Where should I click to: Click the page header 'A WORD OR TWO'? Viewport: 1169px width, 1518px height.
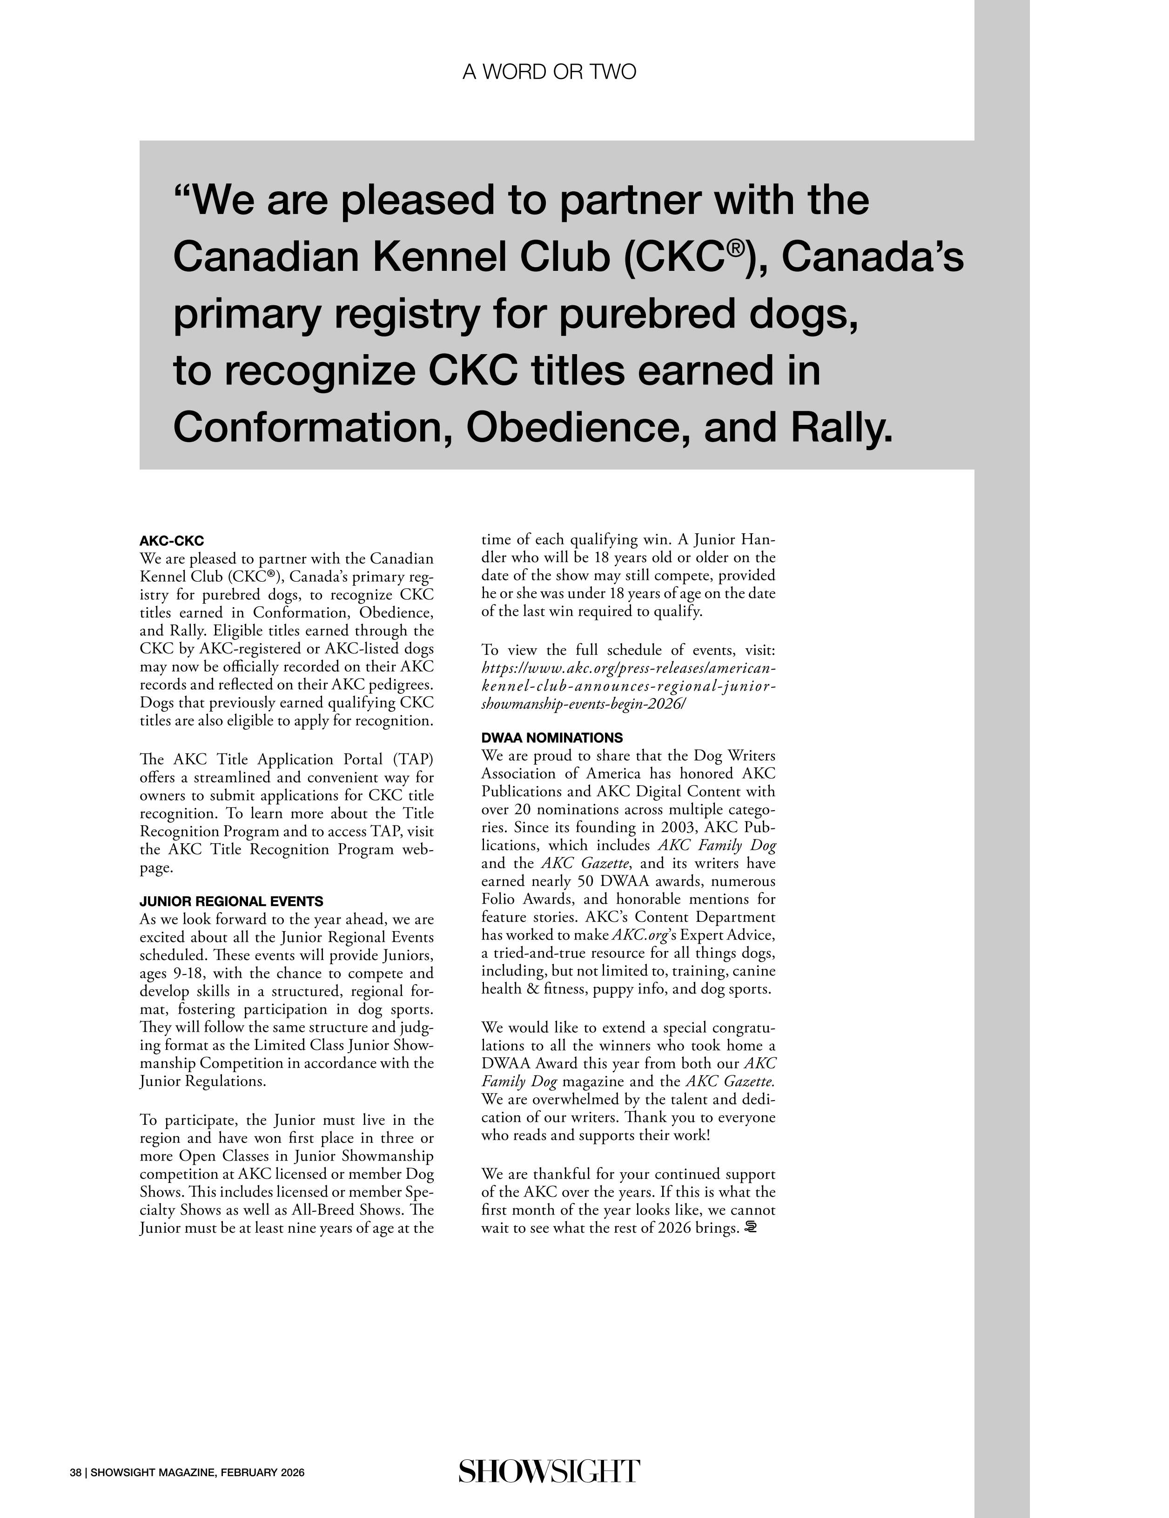(x=549, y=72)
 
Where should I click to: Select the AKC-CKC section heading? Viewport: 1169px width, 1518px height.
(x=172, y=541)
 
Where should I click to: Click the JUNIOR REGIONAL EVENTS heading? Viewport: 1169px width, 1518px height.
(x=231, y=901)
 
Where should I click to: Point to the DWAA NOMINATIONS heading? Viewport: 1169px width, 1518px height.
(x=552, y=738)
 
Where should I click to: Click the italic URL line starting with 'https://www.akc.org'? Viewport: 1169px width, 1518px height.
(x=628, y=668)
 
